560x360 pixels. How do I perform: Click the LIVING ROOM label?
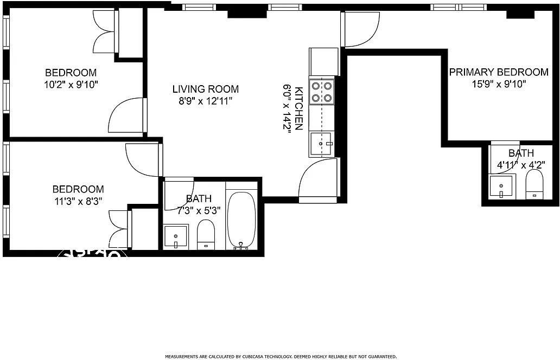pos(205,89)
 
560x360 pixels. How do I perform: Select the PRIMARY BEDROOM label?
pos(498,72)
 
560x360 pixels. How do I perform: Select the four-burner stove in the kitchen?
pos(322,92)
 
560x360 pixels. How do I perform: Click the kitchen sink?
pos(322,144)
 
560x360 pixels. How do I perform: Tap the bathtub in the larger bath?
pos(241,220)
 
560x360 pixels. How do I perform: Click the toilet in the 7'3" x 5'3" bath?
pos(206,235)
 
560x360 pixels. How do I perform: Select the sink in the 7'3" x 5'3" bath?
pos(176,236)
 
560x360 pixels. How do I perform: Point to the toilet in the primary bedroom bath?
pos(534,186)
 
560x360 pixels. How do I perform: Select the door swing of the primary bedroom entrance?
pos(360,30)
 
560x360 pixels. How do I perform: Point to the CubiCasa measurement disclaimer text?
pos(281,357)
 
